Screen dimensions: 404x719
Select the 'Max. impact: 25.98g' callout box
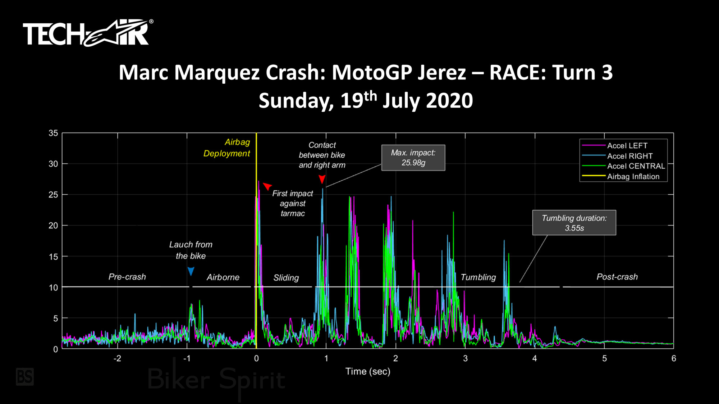pyautogui.click(x=413, y=158)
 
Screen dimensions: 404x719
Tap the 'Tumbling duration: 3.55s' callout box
pyautogui.click(x=574, y=223)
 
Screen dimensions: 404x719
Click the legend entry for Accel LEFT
pyautogui.click(x=627, y=146)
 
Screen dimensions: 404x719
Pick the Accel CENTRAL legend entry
pyautogui.click(x=636, y=166)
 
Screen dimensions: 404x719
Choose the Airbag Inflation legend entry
pyautogui.click(x=633, y=177)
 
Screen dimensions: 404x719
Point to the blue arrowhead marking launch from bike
pyautogui.click(x=191, y=271)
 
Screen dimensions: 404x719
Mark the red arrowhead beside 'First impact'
pyautogui.click(x=267, y=186)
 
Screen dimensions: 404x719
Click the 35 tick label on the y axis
pyautogui.click(x=53, y=133)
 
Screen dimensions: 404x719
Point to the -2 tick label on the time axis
pyautogui.click(x=117, y=358)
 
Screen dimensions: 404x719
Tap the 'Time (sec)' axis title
pyautogui.click(x=368, y=371)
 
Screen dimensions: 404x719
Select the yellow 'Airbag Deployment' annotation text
pyautogui.click(x=227, y=148)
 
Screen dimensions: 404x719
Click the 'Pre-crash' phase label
pyautogui.click(x=127, y=277)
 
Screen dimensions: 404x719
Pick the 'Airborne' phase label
pyautogui.click(x=223, y=277)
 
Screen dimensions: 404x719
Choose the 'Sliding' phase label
pyautogui.click(x=286, y=278)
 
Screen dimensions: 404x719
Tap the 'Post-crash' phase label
pyautogui.click(x=617, y=277)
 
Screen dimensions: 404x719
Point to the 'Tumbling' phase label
pyautogui.click(x=478, y=277)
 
